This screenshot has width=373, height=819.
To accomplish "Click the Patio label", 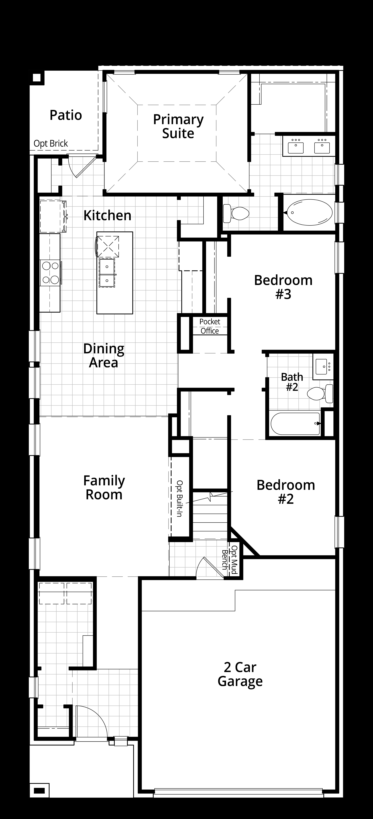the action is [x=66, y=115].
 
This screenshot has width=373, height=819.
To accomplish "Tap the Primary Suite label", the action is [x=178, y=126].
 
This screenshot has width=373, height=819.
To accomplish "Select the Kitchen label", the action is [x=107, y=215].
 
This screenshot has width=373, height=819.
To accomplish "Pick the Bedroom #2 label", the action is [x=286, y=492].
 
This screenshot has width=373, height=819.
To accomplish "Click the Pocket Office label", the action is [x=210, y=326].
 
